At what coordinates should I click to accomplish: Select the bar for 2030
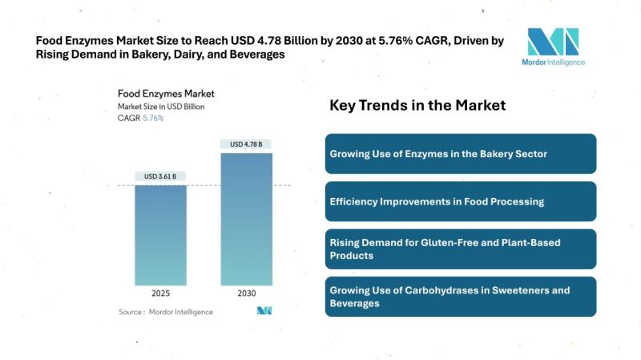click(x=246, y=219)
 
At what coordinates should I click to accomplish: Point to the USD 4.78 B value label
click(x=246, y=144)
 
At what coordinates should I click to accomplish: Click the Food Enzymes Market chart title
click(x=166, y=93)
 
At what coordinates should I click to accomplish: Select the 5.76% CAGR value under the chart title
click(x=153, y=118)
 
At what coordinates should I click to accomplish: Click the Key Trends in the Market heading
click(x=417, y=106)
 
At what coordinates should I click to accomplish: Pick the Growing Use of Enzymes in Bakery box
click(x=460, y=153)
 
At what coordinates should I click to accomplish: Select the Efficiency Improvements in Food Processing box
click(x=460, y=201)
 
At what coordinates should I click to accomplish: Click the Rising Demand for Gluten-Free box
click(x=460, y=249)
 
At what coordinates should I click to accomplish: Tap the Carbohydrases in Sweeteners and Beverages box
click(x=460, y=297)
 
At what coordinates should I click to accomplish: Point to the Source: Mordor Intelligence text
click(x=166, y=311)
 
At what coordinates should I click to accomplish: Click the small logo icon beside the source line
click(x=265, y=311)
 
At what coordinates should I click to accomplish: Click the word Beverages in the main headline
click(x=258, y=55)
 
